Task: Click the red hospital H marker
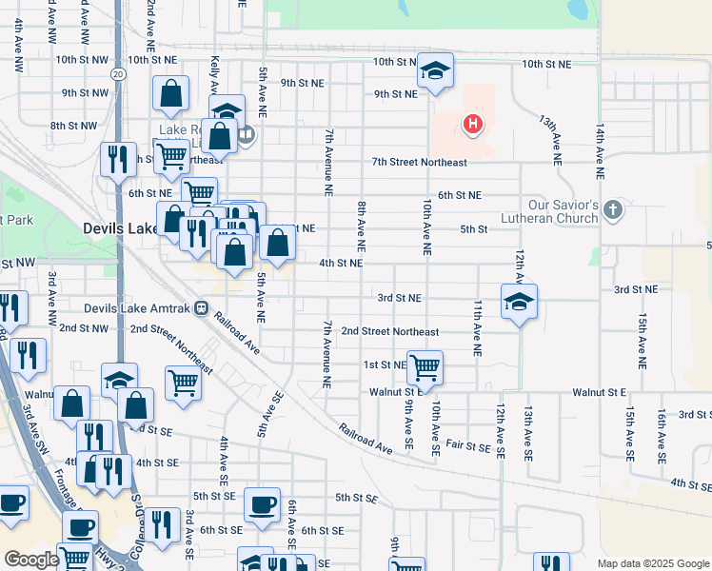(x=470, y=124)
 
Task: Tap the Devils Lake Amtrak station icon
(x=201, y=307)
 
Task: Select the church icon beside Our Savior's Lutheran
(x=612, y=209)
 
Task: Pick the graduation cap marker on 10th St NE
(x=436, y=70)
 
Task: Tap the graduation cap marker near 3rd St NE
(x=518, y=303)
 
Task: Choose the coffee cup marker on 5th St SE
(x=262, y=504)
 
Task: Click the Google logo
(x=31, y=560)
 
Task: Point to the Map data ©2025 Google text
(x=652, y=563)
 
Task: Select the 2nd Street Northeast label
(x=389, y=332)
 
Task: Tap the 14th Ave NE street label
(x=600, y=151)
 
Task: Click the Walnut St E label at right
(x=599, y=392)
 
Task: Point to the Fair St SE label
(x=466, y=444)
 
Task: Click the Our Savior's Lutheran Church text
(x=564, y=211)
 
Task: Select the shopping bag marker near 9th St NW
(x=171, y=93)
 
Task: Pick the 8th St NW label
(x=73, y=126)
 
